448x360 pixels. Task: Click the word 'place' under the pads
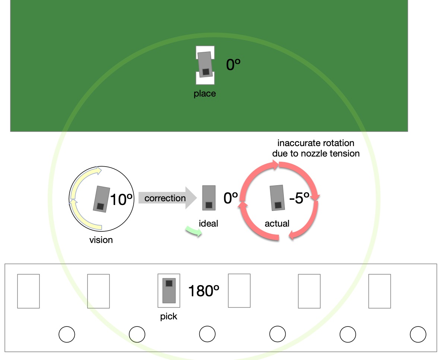click(205, 94)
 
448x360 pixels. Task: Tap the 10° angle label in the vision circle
click(121, 199)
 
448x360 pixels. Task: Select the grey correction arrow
click(168, 198)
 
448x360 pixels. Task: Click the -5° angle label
click(299, 198)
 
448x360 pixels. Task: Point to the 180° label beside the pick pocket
click(204, 291)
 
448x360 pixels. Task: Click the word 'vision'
click(101, 240)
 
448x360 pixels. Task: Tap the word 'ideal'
click(209, 224)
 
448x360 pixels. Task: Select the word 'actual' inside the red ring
click(277, 224)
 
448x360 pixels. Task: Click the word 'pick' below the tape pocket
click(169, 316)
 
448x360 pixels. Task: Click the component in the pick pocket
click(169, 290)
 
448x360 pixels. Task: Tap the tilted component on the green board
click(206, 64)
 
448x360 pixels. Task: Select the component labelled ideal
click(209, 198)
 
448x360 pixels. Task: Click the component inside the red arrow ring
click(277, 198)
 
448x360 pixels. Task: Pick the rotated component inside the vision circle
click(101, 199)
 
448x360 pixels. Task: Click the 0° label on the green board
click(233, 64)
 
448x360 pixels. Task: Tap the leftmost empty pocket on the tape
click(29, 291)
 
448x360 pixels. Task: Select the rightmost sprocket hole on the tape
click(418, 334)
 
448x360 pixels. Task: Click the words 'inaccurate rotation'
click(316, 143)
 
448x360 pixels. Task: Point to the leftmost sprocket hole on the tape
click(67, 334)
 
